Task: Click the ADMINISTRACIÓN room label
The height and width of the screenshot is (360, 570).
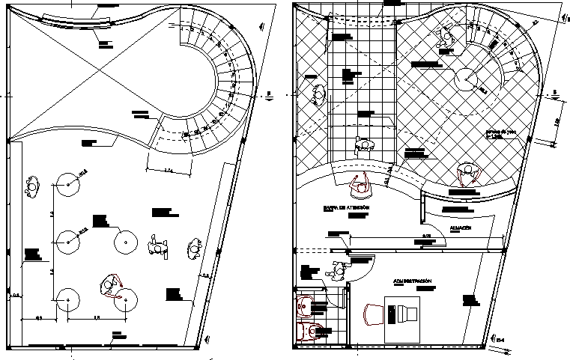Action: pyautogui.click(x=413, y=281)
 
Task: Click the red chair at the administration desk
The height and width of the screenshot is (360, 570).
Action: pyautogui.click(x=372, y=314)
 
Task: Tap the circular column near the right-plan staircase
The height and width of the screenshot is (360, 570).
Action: pyautogui.click(x=467, y=78)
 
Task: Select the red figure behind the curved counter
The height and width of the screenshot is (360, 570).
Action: pyautogui.click(x=357, y=183)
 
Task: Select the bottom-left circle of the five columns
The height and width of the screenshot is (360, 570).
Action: pyautogui.click(x=69, y=299)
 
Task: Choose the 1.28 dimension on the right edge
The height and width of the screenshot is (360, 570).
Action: pyautogui.click(x=557, y=120)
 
